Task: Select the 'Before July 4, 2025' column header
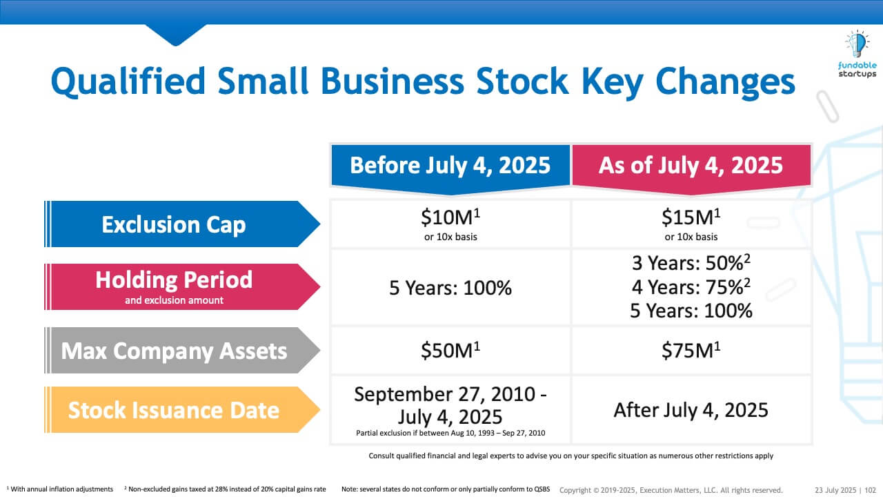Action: coord(450,165)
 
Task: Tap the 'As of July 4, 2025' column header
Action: coord(691,165)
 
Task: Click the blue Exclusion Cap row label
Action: coord(174,224)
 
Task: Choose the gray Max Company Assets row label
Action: coord(174,351)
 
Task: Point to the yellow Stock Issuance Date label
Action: coord(174,410)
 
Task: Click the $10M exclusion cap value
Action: coord(450,217)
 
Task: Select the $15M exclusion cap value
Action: coord(691,217)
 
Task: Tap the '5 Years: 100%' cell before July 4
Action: coord(450,287)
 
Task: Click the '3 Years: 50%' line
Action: coord(691,264)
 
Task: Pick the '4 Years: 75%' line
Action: coord(691,287)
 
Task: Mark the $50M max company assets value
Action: coord(450,351)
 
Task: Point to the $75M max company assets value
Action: coord(691,351)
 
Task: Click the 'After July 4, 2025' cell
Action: coord(691,410)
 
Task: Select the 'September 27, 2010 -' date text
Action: coord(450,394)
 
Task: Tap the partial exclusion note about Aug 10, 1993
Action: coord(450,433)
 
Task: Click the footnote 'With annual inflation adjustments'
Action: coord(61,489)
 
